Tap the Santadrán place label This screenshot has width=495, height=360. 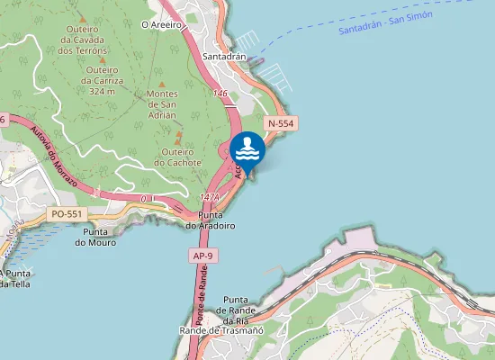pyautogui.click(x=225, y=56)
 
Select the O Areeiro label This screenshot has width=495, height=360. pyautogui.click(x=162, y=25)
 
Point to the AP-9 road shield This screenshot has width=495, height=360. pyautogui.click(x=202, y=256)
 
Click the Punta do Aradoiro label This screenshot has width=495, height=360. pyautogui.click(x=210, y=220)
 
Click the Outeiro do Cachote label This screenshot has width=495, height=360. pyautogui.click(x=177, y=157)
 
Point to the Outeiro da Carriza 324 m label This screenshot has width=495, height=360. pyautogui.click(x=101, y=81)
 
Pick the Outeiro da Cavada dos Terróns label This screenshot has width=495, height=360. pyautogui.click(x=82, y=40)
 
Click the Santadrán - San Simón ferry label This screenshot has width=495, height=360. pyautogui.click(x=385, y=22)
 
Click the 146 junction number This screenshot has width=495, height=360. pyautogui.click(x=220, y=93)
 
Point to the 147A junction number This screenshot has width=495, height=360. pyautogui.click(x=210, y=196)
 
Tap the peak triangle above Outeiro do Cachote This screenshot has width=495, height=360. pyautogui.click(x=178, y=134)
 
